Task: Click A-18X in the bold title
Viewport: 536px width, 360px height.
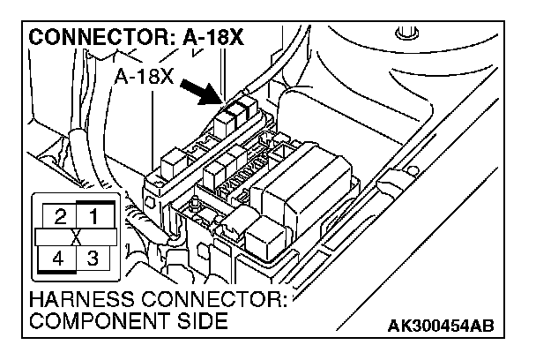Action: pos(205,40)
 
